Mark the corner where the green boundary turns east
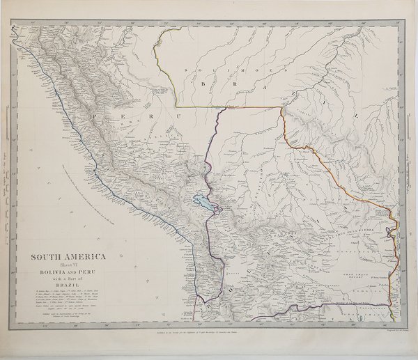176,107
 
